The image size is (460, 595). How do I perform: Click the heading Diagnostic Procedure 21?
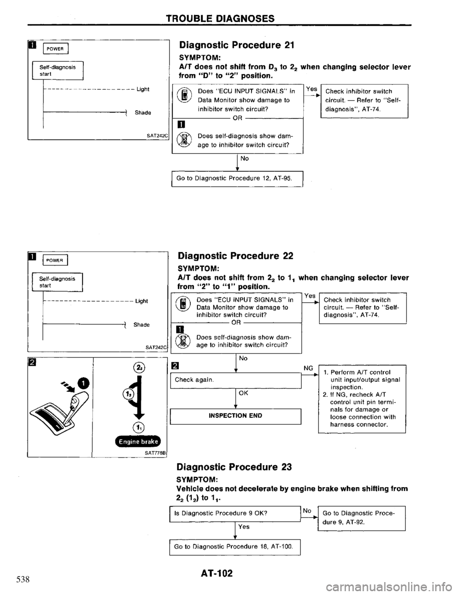[x=235, y=46]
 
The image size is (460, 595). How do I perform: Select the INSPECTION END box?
[x=234, y=415]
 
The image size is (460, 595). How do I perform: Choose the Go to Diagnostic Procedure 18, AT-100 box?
[x=234, y=546]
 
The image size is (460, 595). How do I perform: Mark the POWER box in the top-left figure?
[x=56, y=47]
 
